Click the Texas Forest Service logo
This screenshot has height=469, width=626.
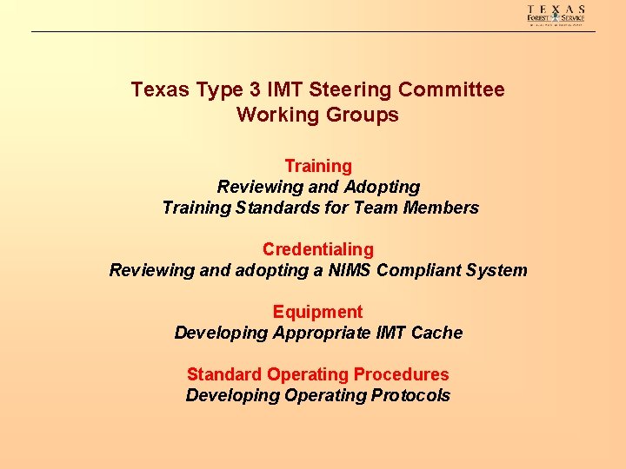coord(556,14)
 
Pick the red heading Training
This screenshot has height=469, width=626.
coord(318,166)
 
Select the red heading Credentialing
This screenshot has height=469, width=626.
coord(318,249)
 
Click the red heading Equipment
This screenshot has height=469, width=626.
coord(318,312)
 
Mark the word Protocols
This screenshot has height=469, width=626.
coord(411,395)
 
